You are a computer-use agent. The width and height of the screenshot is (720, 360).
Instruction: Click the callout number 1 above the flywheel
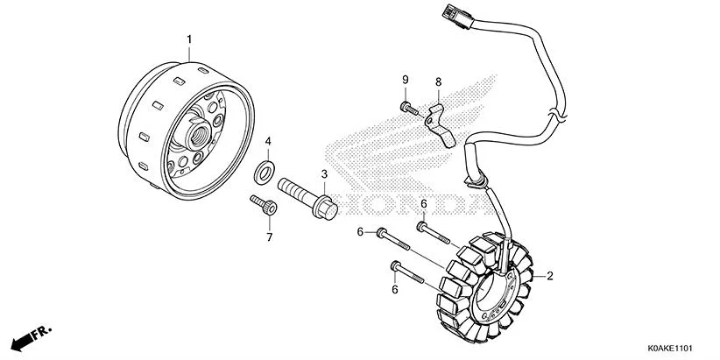pyautogui.click(x=188, y=39)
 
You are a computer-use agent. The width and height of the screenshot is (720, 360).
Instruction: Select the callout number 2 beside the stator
pyautogui.click(x=550, y=277)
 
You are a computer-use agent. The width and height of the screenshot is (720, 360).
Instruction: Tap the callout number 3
pyautogui.click(x=323, y=174)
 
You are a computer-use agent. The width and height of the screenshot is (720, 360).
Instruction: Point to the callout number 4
pyautogui.click(x=268, y=141)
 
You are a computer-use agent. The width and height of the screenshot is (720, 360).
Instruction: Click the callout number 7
pyautogui.click(x=269, y=236)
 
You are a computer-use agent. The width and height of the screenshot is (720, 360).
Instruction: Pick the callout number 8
pyautogui.click(x=438, y=82)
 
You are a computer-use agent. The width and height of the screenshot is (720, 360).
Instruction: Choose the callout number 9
pyautogui.click(x=406, y=81)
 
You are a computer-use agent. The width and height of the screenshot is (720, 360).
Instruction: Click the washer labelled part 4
pyautogui.click(x=262, y=172)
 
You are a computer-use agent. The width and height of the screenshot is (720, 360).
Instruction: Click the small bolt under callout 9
pyautogui.click(x=409, y=109)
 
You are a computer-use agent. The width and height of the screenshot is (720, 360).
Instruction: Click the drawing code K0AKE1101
pyautogui.click(x=677, y=347)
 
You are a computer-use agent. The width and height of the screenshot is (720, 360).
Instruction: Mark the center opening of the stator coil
pyautogui.click(x=495, y=289)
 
